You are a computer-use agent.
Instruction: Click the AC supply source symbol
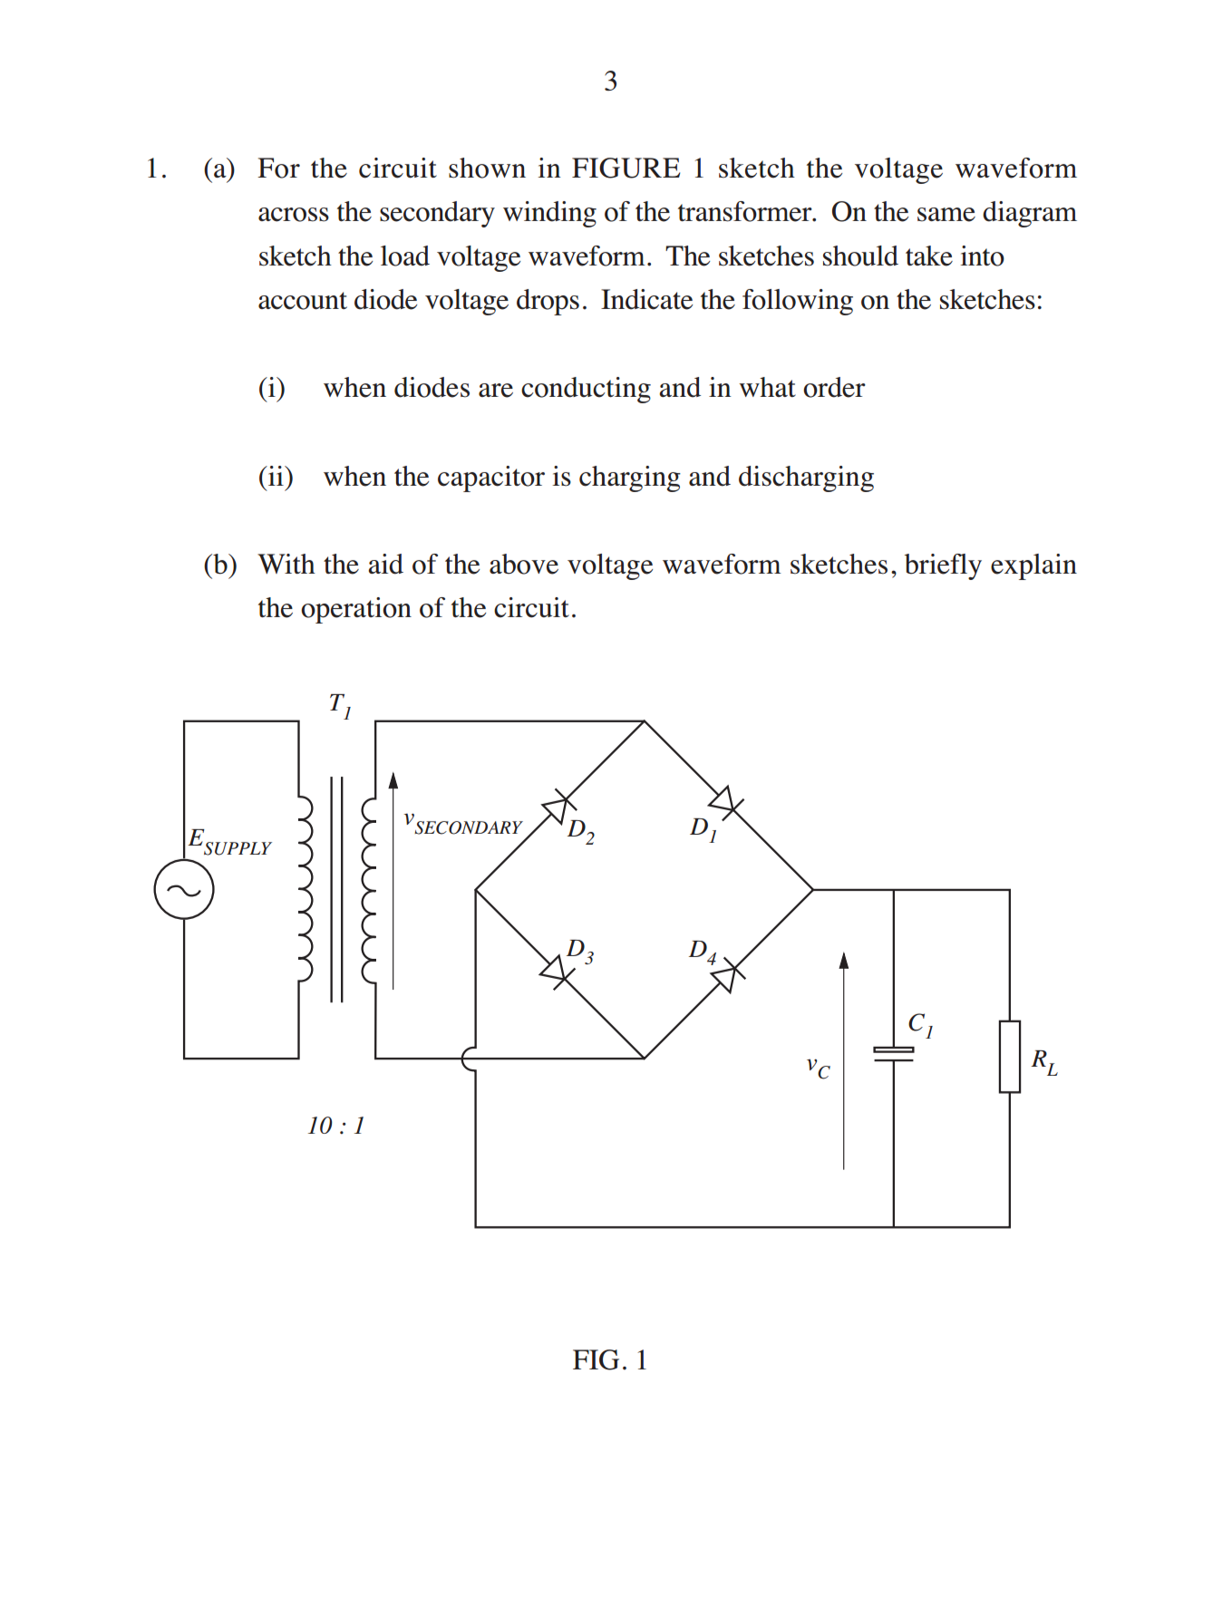pos(184,890)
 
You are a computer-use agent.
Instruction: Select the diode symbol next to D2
pos(558,806)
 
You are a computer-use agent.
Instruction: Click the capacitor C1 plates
pos(894,1053)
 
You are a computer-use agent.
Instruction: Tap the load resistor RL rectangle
pos(1010,1057)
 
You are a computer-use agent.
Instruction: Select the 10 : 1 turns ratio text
pos(335,1126)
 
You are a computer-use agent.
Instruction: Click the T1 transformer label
pos(340,705)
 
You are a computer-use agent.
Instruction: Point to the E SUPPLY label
pos(229,842)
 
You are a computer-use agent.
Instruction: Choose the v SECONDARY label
pos(463,824)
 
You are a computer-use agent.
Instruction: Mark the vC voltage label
pos(818,1068)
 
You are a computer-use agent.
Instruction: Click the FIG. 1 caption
pos(609,1360)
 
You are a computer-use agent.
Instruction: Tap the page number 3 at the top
pos(611,82)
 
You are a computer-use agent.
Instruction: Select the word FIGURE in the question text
pos(626,169)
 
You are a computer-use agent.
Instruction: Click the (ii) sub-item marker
pos(276,477)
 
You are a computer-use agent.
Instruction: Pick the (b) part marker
pos(220,565)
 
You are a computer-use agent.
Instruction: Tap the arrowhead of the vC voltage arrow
pos(844,961)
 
